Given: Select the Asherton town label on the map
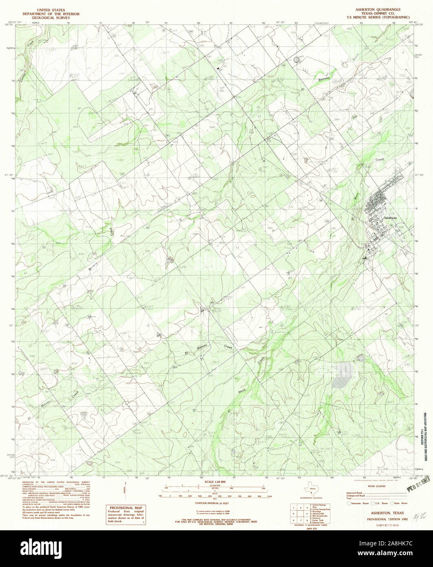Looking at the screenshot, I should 390,218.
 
